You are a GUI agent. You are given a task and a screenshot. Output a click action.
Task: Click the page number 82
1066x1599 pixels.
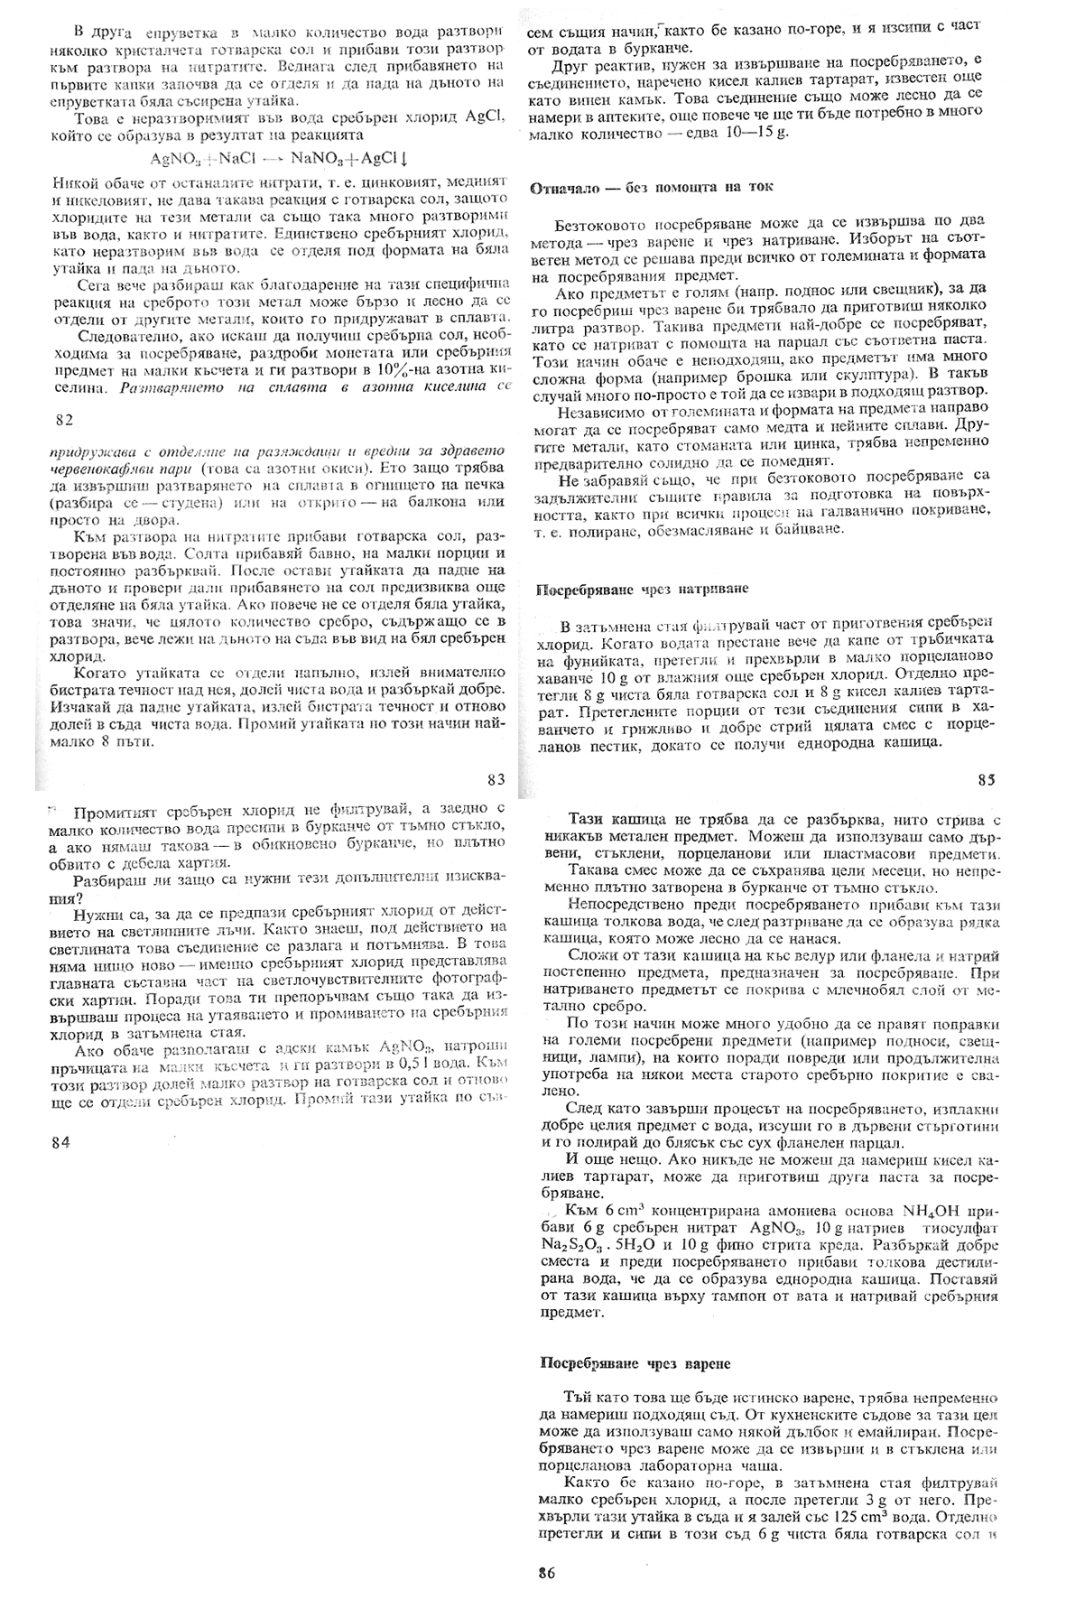tap(63, 420)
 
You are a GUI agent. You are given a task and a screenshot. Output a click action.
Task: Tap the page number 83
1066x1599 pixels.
tap(496, 779)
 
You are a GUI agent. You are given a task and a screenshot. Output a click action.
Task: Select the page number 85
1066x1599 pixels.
tap(987, 778)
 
